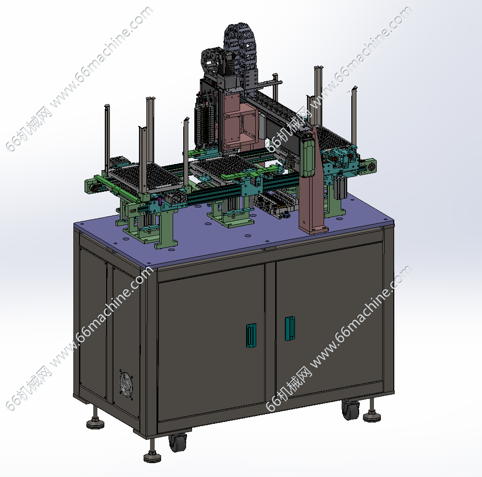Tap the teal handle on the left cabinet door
[x=251, y=336]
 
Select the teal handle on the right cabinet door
[x=289, y=329]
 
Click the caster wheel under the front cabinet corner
[x=178, y=442]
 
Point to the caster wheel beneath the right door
[x=350, y=410]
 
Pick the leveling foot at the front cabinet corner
[x=152, y=453]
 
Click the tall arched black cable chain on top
[x=241, y=55]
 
